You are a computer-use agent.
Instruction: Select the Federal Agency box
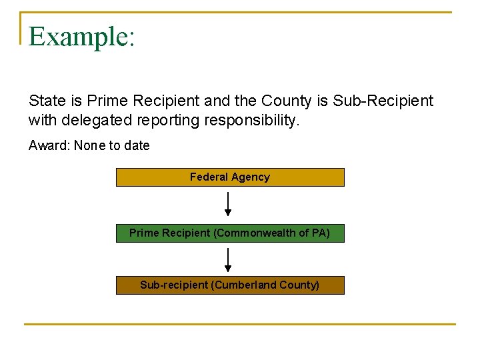pos(230,177)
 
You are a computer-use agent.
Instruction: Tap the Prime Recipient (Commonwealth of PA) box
pos(230,233)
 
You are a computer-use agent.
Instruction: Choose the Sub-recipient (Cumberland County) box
pos(230,285)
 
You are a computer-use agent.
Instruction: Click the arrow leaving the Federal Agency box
pos(228,204)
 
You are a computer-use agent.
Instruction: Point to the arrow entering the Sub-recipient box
pos(228,260)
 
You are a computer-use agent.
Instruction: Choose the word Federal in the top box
pos(209,177)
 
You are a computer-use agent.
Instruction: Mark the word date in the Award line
pos(137,145)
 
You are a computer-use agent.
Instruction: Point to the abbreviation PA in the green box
pos(319,233)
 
